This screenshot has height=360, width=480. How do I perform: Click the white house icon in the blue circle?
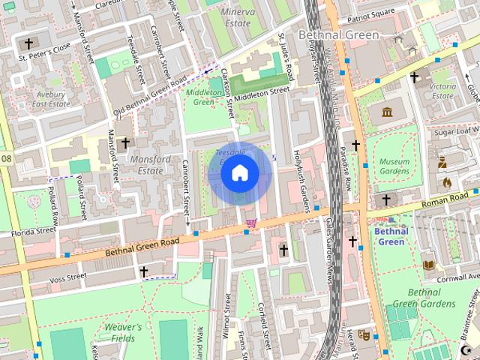coord(239,173)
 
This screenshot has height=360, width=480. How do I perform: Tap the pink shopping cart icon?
coord(251,223)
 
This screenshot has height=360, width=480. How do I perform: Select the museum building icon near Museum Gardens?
coord(387,112)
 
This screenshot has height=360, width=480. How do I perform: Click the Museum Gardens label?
coord(394,166)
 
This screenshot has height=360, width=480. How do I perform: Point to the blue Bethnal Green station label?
coord(391,236)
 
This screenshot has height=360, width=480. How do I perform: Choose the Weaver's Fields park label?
coord(112,332)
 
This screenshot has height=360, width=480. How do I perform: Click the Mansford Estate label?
coord(156,165)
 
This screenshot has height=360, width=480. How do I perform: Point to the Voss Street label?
coord(67,277)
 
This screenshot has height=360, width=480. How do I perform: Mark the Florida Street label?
coord(33,232)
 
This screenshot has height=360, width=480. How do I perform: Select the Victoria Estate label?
coord(443,91)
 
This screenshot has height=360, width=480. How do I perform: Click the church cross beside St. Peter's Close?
coord(29,44)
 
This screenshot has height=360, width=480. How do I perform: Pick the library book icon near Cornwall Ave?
coord(428,265)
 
